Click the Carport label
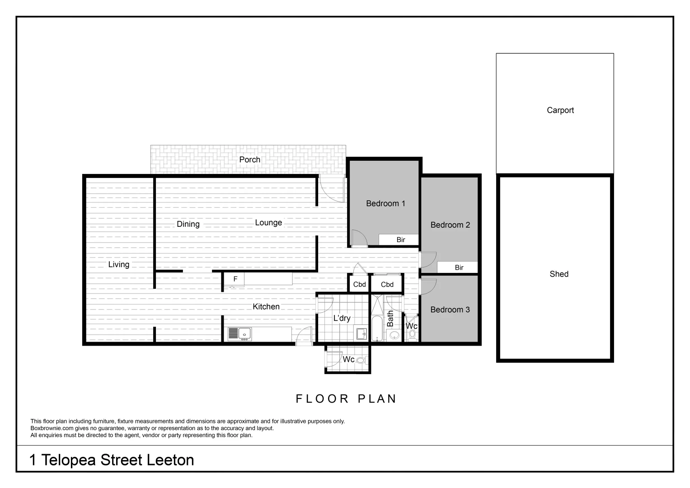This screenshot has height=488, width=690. pos(560,110)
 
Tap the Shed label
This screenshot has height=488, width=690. pos(559,274)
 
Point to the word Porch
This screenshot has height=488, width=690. pos(249,160)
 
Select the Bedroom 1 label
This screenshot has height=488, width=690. pos(385,203)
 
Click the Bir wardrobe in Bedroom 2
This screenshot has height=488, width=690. pos(458,267)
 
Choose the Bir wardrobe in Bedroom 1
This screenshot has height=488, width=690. pos(400,239)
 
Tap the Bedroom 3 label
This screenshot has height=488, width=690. pos(450,310)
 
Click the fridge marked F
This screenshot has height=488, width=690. pos(235,279)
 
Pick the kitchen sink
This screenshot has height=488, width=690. pos(239,334)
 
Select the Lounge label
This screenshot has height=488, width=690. pos(268,222)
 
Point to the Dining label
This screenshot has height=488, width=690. pos(188,224)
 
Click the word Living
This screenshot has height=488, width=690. pos(118,264)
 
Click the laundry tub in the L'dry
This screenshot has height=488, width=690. pos(361,334)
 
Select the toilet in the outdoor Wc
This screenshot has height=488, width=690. pos(360,360)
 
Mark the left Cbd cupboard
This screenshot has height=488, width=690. pos(359,284)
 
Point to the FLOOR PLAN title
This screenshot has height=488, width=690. pos(346,399)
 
